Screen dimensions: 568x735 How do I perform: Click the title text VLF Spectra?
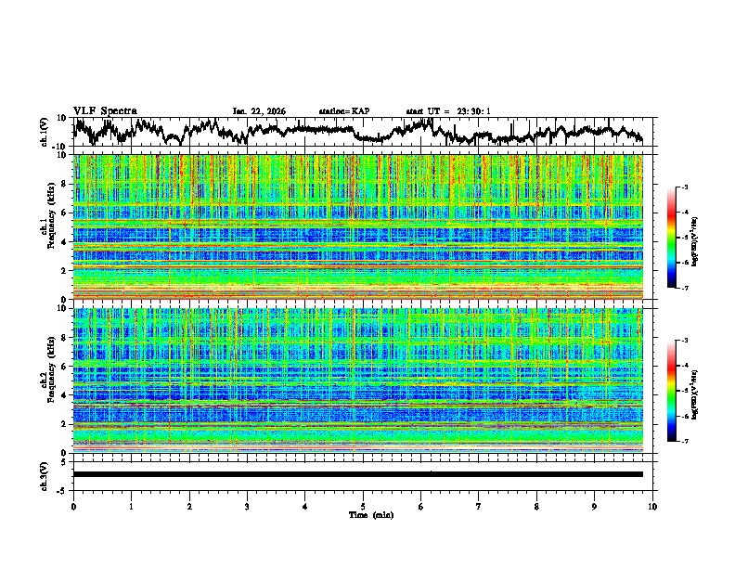(x=105, y=110)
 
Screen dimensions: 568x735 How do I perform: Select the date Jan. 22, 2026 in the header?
(x=259, y=111)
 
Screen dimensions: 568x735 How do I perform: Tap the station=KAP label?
(x=343, y=111)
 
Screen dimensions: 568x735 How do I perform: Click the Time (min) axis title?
(x=363, y=514)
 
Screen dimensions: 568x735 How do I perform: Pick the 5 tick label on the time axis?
(x=363, y=506)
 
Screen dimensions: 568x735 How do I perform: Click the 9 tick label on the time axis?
(x=595, y=506)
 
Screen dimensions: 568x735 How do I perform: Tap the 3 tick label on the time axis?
(x=247, y=506)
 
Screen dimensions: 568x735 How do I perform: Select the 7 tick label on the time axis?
(x=479, y=506)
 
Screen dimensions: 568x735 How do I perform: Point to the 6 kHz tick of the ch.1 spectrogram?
(x=64, y=213)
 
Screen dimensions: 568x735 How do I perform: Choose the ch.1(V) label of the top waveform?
(x=45, y=132)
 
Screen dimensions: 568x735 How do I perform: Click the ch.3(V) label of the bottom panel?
(x=45, y=474)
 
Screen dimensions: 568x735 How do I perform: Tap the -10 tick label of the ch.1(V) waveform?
(x=58, y=146)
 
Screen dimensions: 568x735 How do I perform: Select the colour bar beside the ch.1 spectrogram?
(x=681, y=239)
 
